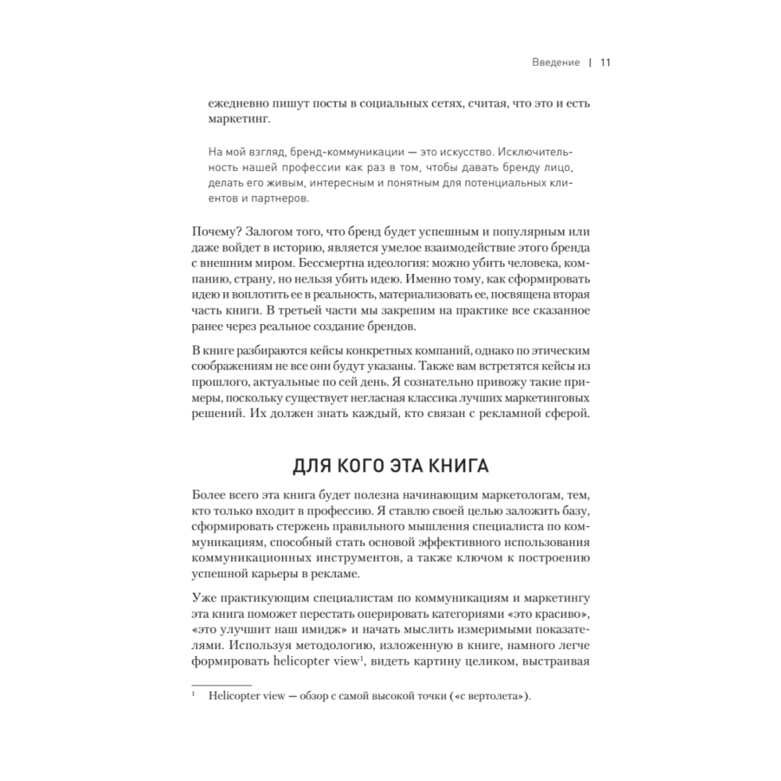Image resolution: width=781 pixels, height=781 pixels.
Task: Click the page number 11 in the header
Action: [604, 63]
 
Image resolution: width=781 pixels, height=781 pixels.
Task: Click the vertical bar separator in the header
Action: [590, 63]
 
